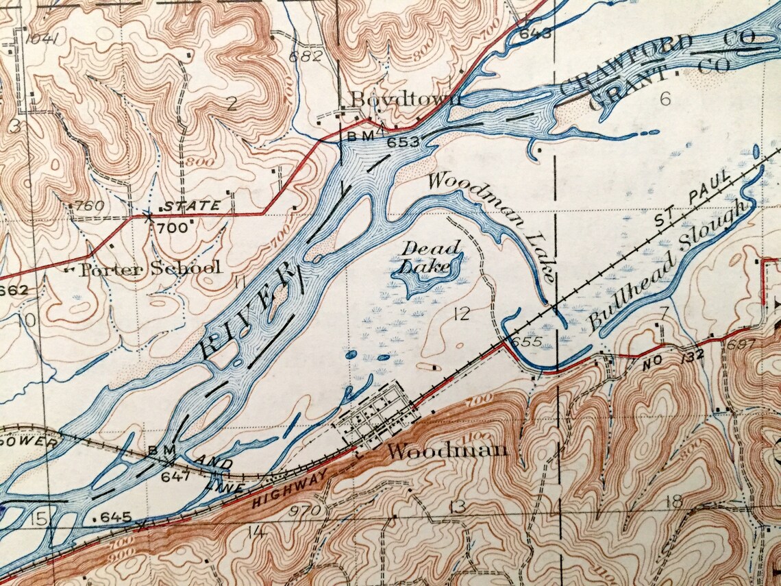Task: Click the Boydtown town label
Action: tap(406, 101)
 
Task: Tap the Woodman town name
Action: tap(447, 451)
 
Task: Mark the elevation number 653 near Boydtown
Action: tap(401, 142)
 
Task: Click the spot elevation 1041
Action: tap(40, 38)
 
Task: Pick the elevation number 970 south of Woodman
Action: tap(303, 511)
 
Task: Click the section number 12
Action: tap(462, 314)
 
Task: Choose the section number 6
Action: tap(664, 99)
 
